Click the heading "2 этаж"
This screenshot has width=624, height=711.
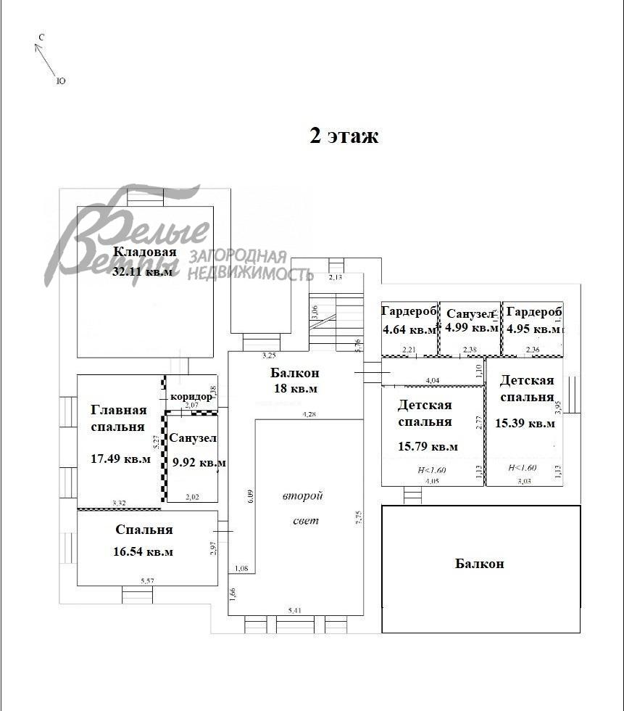click(x=344, y=136)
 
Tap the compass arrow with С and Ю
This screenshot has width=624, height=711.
click(x=49, y=59)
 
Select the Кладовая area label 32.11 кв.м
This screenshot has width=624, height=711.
click(x=143, y=273)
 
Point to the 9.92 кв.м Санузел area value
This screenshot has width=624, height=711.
click(x=197, y=462)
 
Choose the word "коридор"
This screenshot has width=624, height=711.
click(x=191, y=396)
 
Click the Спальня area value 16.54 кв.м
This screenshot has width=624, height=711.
click(x=143, y=551)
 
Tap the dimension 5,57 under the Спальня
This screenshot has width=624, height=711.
click(x=147, y=580)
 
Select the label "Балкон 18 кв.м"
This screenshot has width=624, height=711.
click(x=294, y=381)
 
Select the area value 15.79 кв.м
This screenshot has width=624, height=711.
click(x=428, y=446)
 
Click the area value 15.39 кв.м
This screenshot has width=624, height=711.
click(x=525, y=422)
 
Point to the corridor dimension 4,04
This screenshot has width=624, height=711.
click(x=433, y=380)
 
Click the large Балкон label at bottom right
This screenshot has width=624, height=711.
click(x=479, y=563)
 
